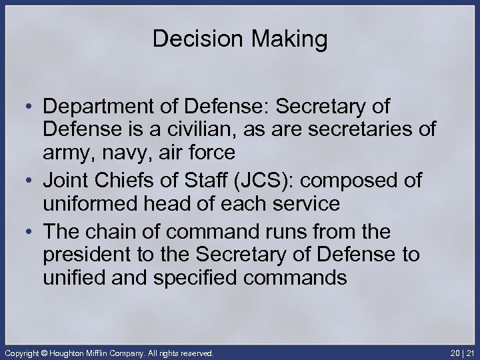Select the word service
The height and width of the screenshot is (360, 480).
(303, 203)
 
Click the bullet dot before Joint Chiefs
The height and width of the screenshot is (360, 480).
(30, 180)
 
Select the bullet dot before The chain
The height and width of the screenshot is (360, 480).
(30, 231)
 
